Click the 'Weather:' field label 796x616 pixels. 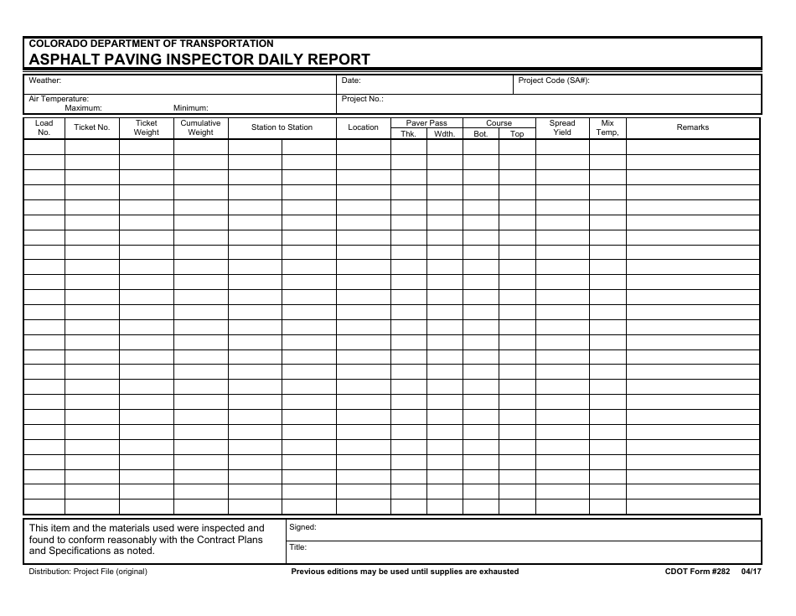coord(45,81)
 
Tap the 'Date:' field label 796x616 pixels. coord(351,81)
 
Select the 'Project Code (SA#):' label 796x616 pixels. coord(554,81)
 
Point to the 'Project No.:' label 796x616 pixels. coord(363,99)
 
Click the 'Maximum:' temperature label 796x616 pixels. coord(83,108)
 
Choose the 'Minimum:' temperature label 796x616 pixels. coord(190,108)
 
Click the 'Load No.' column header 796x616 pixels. coord(44,127)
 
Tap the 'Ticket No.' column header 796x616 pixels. coord(92,127)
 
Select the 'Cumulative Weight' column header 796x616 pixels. coord(200,127)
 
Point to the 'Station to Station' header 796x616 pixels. coord(282,127)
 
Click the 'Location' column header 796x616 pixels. coord(363,127)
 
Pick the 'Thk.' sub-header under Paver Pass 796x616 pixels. coord(408,134)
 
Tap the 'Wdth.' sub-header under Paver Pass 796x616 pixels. coord(444,134)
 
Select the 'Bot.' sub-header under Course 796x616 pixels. coord(480,134)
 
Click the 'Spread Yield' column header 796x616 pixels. coord(562,127)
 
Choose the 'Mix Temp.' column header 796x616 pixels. coord(607,127)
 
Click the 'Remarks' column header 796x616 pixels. coord(692,127)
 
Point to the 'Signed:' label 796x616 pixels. coord(302,528)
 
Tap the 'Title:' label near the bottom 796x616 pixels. coord(298,547)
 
